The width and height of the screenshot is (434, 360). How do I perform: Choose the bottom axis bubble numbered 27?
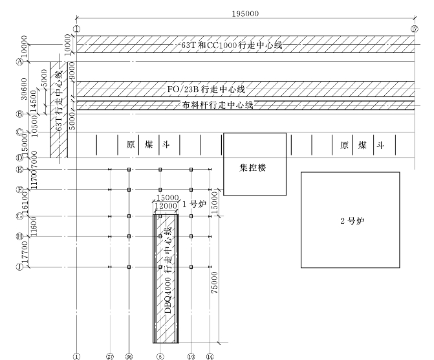click(110, 355)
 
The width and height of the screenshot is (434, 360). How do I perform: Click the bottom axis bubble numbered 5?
click(160, 355)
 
